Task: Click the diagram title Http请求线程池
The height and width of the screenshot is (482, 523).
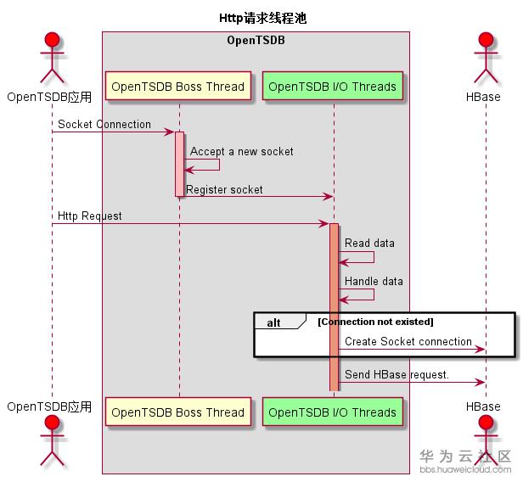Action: click(x=261, y=17)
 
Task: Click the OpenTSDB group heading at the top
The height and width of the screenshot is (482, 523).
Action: click(x=256, y=40)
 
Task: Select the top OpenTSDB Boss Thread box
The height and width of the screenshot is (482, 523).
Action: click(x=178, y=87)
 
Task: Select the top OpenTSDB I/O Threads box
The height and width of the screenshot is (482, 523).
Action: click(x=333, y=87)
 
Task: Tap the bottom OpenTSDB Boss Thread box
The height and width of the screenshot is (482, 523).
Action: click(x=178, y=412)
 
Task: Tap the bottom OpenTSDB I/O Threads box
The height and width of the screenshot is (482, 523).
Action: click(x=333, y=412)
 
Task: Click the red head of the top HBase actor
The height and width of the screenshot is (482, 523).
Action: click(x=486, y=42)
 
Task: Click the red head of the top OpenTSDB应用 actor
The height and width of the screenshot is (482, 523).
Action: click(x=51, y=42)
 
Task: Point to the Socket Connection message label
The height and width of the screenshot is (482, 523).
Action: click(x=104, y=125)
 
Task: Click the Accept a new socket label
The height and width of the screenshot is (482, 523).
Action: click(x=242, y=152)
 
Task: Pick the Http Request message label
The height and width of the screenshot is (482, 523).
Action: click(x=89, y=216)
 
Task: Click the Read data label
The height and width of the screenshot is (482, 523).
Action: click(x=369, y=244)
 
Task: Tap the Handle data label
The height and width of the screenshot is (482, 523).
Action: click(x=374, y=281)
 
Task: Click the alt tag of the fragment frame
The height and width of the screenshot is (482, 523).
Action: click(x=274, y=322)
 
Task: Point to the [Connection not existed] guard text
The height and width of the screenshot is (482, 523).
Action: click(x=375, y=322)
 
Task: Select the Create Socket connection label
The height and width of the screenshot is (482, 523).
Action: click(x=408, y=342)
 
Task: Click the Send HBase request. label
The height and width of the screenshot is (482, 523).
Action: click(x=396, y=375)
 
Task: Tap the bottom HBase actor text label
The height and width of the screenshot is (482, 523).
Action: click(x=483, y=407)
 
